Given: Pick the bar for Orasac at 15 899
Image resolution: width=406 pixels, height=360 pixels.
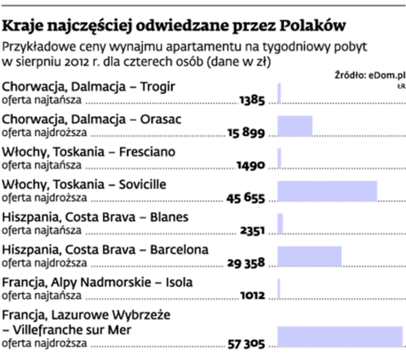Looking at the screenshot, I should (x=295, y=126).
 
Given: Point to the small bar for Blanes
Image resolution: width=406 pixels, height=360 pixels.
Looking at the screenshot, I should (x=280, y=223).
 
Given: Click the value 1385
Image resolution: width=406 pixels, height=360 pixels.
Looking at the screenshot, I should (x=252, y=100).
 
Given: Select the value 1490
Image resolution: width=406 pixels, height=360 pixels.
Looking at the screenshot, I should (x=251, y=166).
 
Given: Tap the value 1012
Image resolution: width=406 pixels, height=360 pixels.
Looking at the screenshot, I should (x=253, y=296).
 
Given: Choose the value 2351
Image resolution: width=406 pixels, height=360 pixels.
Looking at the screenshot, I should (x=253, y=231).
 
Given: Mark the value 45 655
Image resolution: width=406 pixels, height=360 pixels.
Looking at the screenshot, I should (x=246, y=198).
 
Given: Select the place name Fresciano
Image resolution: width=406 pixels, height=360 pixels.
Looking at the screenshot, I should (x=147, y=152).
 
